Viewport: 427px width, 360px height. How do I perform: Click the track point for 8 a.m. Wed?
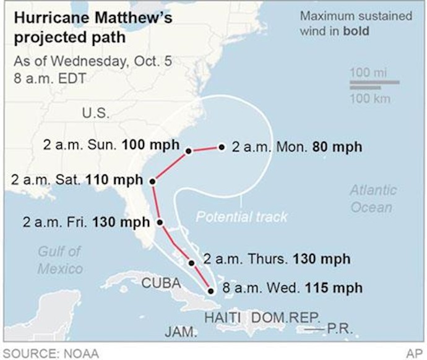pos(211,289)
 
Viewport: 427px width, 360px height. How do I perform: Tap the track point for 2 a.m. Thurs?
pos(192,263)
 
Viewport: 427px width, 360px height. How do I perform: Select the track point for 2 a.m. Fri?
pos(160,222)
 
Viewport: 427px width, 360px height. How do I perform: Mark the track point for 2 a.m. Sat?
pos(152,181)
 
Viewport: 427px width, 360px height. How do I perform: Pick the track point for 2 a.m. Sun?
pos(188,150)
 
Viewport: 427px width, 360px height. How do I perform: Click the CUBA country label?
pos(161,284)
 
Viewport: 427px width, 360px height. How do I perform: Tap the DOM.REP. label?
pos(286,317)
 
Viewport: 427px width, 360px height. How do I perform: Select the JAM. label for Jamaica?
pos(181,333)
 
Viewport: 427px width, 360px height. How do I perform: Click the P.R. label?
pos(339,329)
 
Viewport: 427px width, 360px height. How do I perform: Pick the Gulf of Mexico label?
pos(59,260)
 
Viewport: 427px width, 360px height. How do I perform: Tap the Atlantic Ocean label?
pos(373,198)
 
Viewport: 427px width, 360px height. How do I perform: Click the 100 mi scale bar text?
pos(368,73)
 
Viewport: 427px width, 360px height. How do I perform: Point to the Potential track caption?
pos(242,216)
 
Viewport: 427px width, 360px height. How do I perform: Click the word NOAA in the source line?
pos(80,353)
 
